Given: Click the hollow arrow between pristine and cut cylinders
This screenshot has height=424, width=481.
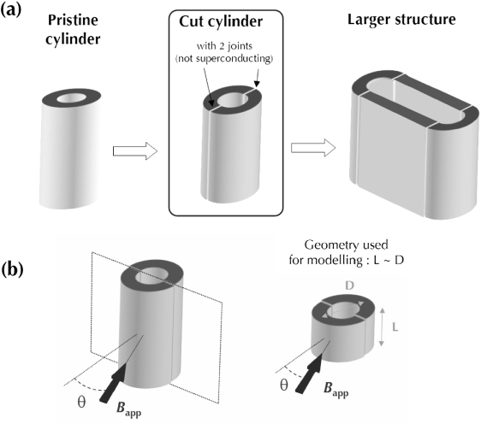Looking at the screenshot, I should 135,151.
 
